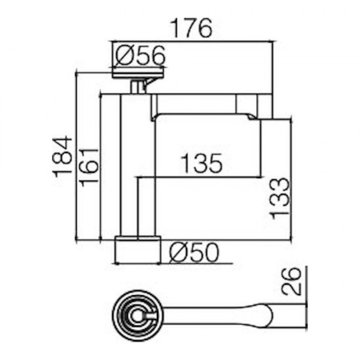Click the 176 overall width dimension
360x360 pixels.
coord(192,28)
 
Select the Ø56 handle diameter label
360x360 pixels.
coord(140,55)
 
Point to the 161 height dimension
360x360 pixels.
coord(88,168)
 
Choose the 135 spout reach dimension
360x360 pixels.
coord(202,163)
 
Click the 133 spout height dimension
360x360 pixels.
coord(280,198)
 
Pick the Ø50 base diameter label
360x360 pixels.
coord(194,252)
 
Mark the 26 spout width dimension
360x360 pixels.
coord(291,281)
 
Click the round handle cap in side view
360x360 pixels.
coord(139,75)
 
